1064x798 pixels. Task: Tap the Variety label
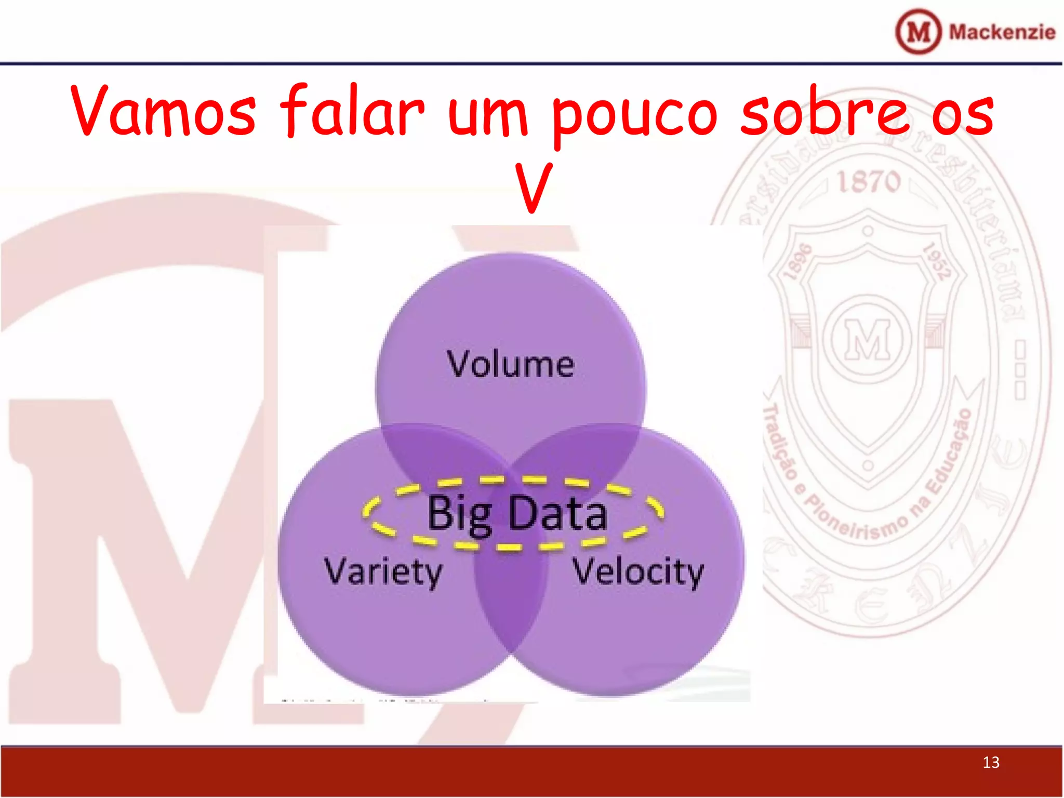pyautogui.click(x=383, y=571)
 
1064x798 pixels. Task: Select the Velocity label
pyautogui.click(x=637, y=571)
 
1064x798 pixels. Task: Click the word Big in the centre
pyautogui.click(x=459, y=514)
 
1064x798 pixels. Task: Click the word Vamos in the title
pyautogui.click(x=163, y=112)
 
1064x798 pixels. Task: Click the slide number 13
pyautogui.click(x=991, y=762)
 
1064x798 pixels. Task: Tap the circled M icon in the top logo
pyautogui.click(x=918, y=32)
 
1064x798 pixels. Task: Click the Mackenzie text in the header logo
pyautogui.click(x=1002, y=32)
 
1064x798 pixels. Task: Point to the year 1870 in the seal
pyautogui.click(x=868, y=182)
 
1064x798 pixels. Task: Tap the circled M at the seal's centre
pyautogui.click(x=868, y=339)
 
